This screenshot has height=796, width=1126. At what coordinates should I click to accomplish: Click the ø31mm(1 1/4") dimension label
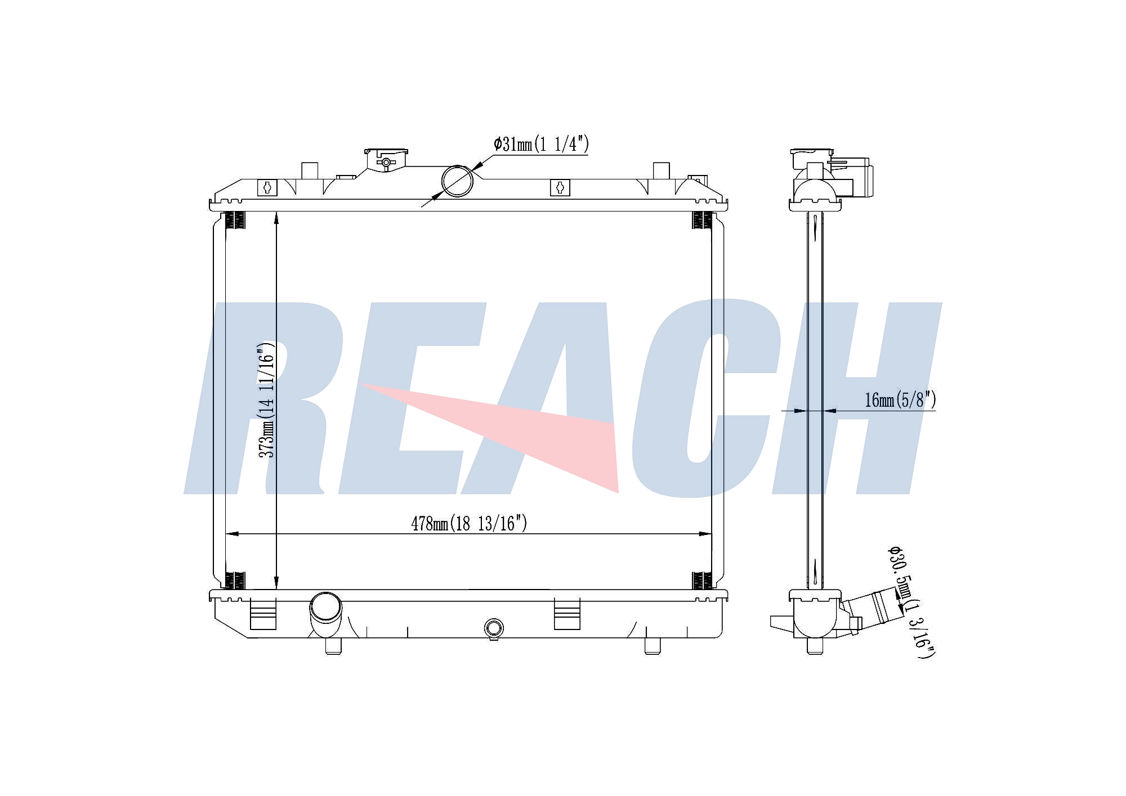point(541,145)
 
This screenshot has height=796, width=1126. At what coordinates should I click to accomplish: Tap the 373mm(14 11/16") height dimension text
point(266,399)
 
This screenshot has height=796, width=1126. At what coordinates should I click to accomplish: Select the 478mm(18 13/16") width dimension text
point(469,524)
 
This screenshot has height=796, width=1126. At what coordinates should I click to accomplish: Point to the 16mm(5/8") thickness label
point(900,400)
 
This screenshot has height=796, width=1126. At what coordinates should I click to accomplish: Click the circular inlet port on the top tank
point(457,181)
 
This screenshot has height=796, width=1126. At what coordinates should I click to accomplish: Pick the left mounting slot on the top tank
point(267,187)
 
